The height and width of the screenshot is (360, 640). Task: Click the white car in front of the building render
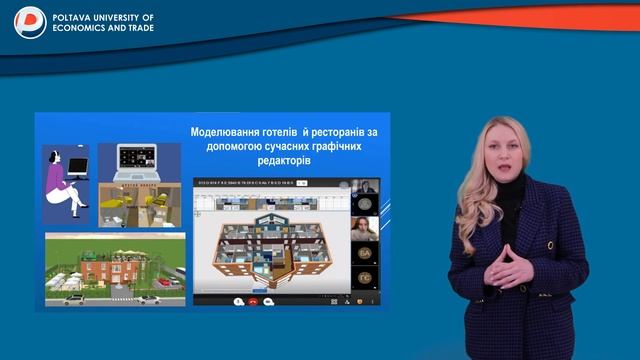coord(147,298)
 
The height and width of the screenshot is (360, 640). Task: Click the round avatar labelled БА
coord(366,255)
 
